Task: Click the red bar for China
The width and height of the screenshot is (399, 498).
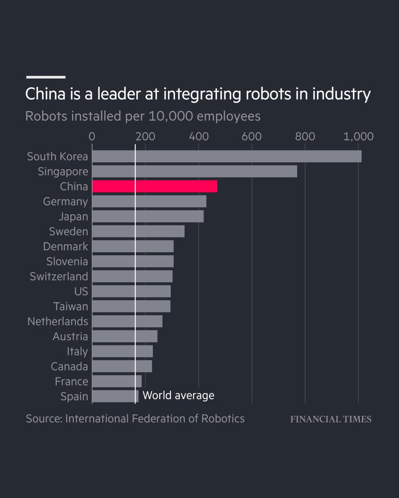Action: click(x=154, y=186)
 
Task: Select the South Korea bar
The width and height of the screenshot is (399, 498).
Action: click(x=227, y=156)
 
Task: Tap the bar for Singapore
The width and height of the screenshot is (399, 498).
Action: click(x=194, y=171)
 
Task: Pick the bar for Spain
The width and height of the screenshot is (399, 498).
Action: click(x=115, y=396)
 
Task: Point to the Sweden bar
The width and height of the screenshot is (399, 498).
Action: click(x=138, y=231)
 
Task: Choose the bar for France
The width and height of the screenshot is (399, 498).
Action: click(x=116, y=381)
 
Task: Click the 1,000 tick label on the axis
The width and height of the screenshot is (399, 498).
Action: click(x=358, y=137)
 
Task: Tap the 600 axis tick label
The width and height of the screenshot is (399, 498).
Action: click(x=251, y=137)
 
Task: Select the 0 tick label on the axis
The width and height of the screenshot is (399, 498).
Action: click(x=92, y=137)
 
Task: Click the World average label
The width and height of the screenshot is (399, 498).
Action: click(x=178, y=395)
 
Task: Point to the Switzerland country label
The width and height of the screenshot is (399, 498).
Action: click(x=59, y=276)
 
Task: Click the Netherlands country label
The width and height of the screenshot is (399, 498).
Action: click(x=57, y=321)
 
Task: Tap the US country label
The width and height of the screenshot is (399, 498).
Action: click(x=81, y=291)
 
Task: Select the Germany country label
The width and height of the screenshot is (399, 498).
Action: click(x=65, y=202)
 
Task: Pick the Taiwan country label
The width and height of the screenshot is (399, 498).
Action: click(x=70, y=306)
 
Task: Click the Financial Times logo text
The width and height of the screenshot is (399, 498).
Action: click(x=330, y=419)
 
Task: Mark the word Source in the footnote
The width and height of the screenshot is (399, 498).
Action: click(x=44, y=418)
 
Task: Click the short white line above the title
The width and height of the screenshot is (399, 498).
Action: click(x=46, y=77)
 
